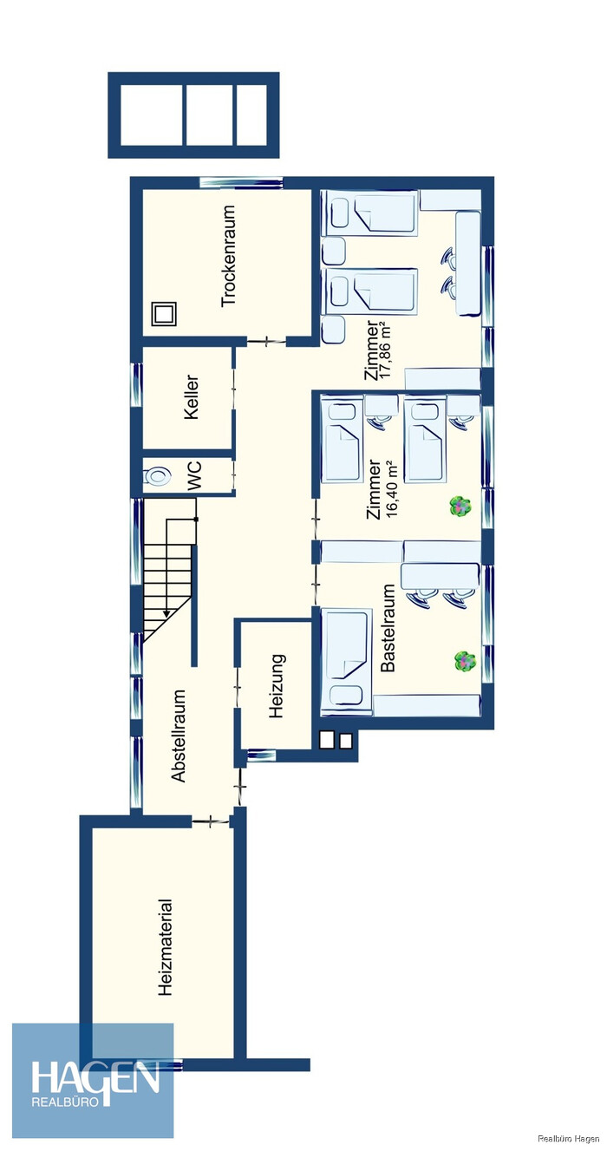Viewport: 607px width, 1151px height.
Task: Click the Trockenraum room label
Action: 228,256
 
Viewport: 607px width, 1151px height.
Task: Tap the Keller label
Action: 191,397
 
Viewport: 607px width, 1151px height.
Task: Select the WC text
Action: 194,476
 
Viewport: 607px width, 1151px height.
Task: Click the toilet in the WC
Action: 158,476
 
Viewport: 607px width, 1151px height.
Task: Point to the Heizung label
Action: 277,685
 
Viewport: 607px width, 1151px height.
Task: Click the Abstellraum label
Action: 178,736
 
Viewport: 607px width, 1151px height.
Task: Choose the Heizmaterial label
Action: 165,954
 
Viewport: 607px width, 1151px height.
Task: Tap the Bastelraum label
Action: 388,627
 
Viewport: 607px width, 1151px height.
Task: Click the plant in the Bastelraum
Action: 465,660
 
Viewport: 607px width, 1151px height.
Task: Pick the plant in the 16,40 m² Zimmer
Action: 460,507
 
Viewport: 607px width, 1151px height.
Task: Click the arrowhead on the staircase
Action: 166,613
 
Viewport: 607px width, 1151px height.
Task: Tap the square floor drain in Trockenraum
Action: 165,313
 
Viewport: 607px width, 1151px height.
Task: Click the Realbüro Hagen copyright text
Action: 568,1138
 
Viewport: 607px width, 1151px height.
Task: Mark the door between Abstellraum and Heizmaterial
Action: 211,821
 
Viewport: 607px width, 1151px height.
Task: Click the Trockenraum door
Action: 266,341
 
